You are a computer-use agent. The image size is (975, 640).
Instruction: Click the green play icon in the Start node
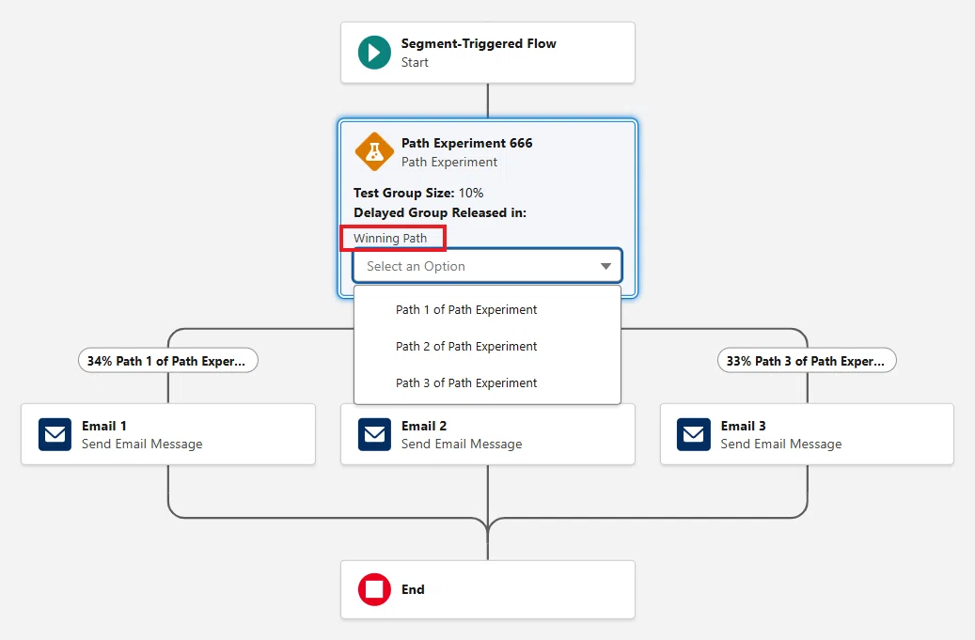tap(374, 53)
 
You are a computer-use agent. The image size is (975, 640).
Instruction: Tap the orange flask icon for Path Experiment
tap(374, 151)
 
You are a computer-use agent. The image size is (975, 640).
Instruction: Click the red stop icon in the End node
tap(374, 589)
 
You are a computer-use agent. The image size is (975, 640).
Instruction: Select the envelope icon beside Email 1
tap(55, 433)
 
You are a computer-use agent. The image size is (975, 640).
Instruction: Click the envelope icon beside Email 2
tap(374, 433)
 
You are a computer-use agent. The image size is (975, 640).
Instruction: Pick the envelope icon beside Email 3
tap(693, 433)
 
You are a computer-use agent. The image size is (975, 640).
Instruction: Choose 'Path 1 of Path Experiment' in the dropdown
tap(466, 309)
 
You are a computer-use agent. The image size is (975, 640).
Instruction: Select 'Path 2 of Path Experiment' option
tap(466, 346)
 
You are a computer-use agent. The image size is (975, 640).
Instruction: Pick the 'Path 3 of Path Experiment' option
tap(466, 382)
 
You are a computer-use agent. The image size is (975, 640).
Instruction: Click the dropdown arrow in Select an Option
tap(605, 266)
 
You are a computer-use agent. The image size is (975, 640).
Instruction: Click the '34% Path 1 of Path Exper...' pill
tap(168, 360)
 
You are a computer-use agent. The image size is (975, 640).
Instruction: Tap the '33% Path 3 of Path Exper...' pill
tap(807, 360)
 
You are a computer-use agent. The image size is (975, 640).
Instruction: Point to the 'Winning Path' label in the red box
tap(390, 238)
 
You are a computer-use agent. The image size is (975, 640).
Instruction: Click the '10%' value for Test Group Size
tap(471, 193)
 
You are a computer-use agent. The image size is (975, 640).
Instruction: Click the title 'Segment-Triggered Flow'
tap(479, 43)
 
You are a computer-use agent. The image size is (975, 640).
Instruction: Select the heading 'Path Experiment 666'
tap(467, 143)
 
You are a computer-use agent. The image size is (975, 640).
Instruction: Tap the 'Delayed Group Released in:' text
tap(440, 212)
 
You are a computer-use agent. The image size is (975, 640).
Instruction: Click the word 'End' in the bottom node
tap(413, 589)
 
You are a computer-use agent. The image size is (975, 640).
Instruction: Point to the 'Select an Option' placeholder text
tap(416, 266)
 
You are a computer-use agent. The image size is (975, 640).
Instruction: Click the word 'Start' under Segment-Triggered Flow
tap(415, 62)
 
